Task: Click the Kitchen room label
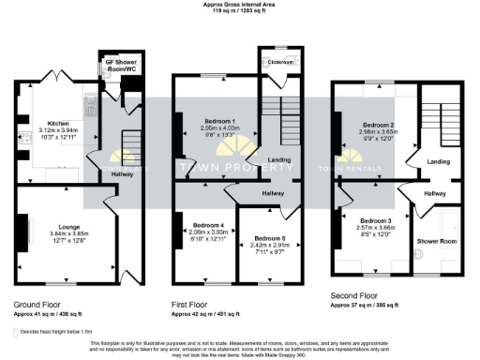(58, 123)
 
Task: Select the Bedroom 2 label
(379, 125)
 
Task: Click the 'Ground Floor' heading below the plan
(38, 305)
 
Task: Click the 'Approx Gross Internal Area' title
(240, 5)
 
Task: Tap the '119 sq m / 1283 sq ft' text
(240, 12)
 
